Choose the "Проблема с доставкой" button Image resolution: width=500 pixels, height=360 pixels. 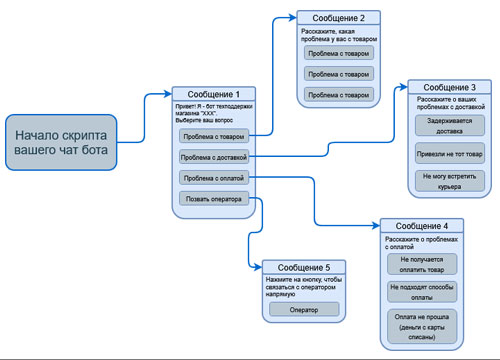click(x=213, y=157)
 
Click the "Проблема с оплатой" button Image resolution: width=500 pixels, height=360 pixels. click(x=211, y=178)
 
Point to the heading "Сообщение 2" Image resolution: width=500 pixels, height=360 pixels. click(x=339, y=18)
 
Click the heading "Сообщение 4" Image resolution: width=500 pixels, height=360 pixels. click(x=421, y=225)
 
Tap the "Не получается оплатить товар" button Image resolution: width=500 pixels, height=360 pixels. click(x=421, y=263)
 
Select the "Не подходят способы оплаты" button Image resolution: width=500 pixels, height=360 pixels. click(x=421, y=291)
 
